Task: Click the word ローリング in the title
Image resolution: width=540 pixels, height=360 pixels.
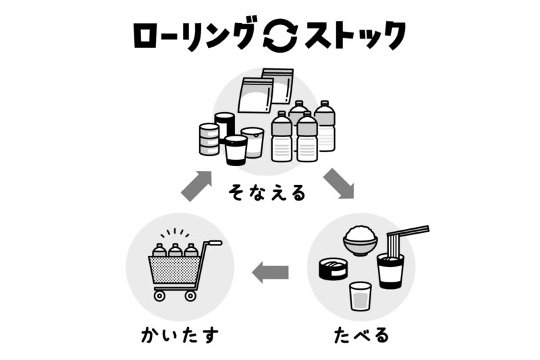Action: pos(195,36)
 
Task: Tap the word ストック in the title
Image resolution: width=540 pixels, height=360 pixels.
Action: pos(354,36)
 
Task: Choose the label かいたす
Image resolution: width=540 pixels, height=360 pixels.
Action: pos(180,333)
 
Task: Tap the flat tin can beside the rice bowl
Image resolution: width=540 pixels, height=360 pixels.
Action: pos(333,269)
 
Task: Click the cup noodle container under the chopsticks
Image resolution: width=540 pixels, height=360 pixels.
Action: pos(391,270)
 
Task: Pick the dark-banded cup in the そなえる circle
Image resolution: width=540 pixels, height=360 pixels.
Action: pos(236,150)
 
